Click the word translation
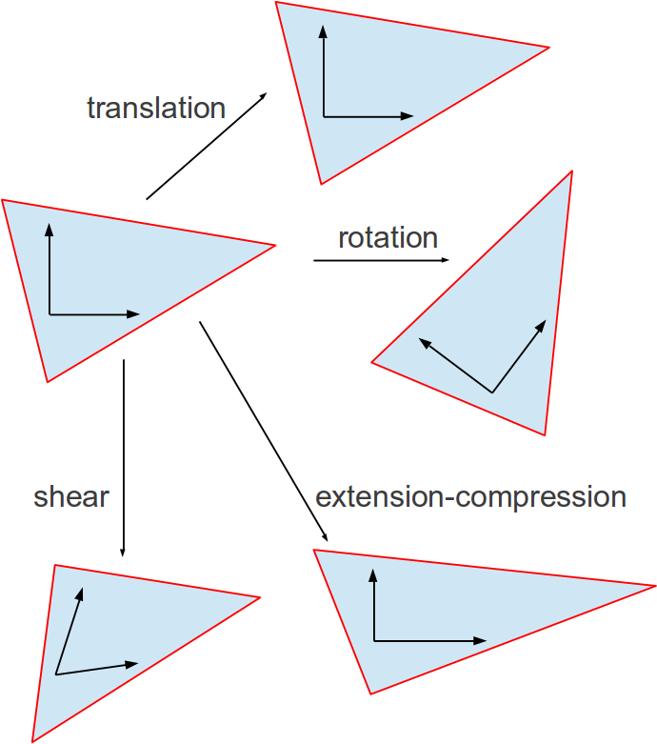coord(156,109)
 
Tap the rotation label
coord(388,237)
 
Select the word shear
coord(71,496)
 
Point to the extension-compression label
coord(470,496)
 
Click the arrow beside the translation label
coord(206,147)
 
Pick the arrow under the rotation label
coord(381,260)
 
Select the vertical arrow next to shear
coord(124,457)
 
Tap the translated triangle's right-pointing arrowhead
coord(408,116)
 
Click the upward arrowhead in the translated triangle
coord(324,31)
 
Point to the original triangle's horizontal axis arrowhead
coord(133,314)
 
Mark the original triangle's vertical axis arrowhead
coord(49,230)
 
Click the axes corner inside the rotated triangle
coord(492,392)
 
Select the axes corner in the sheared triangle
coord(56,674)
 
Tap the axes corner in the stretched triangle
coord(374,641)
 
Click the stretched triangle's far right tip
coord(655,585)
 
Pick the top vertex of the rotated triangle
coord(571,171)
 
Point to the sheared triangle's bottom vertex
coord(33,741)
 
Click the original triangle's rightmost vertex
coord(274,246)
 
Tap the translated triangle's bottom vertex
coord(321,183)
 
